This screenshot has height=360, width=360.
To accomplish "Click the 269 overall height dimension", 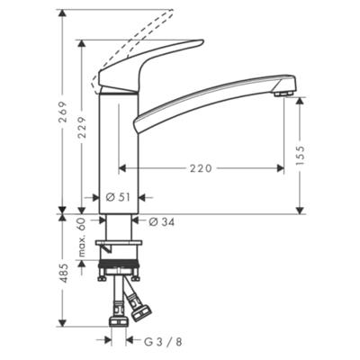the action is [63, 112].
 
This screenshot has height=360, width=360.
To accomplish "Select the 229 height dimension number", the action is [82, 127].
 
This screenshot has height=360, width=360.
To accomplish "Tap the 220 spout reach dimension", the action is [201, 168].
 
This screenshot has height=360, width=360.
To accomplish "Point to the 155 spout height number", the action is [300, 155].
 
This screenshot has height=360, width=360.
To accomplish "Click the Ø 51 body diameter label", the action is [118, 197].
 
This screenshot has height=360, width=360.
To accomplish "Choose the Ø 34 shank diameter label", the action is [162, 222].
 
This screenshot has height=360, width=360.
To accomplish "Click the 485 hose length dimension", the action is [63, 274].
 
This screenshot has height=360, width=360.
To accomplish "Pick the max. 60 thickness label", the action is [82, 238].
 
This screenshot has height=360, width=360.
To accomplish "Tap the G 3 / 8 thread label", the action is [163, 342].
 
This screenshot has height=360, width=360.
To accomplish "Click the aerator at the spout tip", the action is [283, 94].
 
